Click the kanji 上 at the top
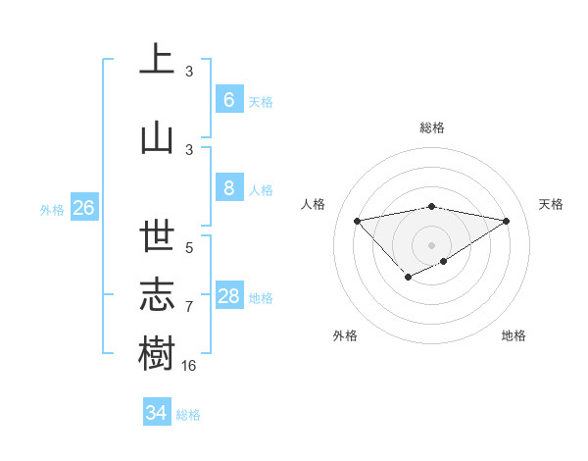(x=157, y=60)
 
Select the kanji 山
(x=157, y=137)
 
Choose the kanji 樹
(x=157, y=351)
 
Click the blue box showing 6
(x=228, y=100)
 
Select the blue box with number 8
(x=228, y=188)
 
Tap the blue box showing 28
(x=228, y=296)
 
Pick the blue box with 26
(x=83, y=208)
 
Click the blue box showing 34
(x=156, y=413)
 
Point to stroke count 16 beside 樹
(x=189, y=365)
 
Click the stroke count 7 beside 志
(x=189, y=307)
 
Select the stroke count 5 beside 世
(x=189, y=248)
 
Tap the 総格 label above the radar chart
(x=432, y=128)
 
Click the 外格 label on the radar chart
(x=345, y=335)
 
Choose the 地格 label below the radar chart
(x=514, y=335)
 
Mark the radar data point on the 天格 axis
(x=506, y=221)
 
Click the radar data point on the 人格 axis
(x=357, y=220)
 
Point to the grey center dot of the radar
(x=431, y=244)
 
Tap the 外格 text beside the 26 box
(x=51, y=209)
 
